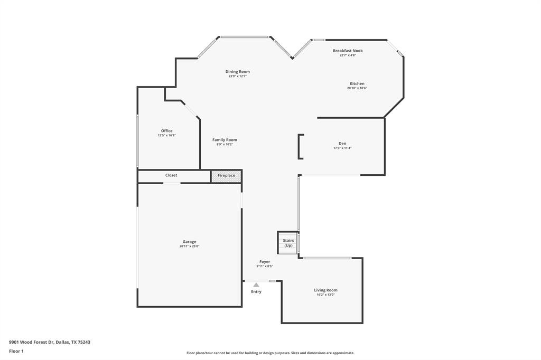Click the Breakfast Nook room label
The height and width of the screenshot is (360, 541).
(x=348, y=51)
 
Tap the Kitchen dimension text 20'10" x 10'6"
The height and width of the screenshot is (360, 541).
(x=357, y=88)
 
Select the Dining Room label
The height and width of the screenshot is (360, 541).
(x=238, y=72)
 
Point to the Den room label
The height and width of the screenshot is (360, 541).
(x=342, y=144)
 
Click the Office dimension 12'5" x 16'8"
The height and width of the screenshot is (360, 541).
(x=166, y=136)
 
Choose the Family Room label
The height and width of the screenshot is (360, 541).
(x=225, y=140)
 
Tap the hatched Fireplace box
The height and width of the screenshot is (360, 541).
(x=227, y=176)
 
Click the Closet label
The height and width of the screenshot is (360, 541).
(x=171, y=175)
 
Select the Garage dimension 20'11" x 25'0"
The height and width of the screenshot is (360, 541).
(x=189, y=246)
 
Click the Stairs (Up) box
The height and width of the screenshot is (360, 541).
(x=288, y=243)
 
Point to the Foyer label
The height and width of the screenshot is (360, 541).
(x=265, y=262)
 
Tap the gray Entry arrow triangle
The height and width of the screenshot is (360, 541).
(x=256, y=285)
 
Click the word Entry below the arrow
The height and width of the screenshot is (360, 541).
(x=256, y=292)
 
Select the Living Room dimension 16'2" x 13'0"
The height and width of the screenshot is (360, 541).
(x=325, y=295)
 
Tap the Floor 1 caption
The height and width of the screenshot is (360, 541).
(x=16, y=351)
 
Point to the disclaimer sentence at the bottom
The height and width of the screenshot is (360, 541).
(x=270, y=353)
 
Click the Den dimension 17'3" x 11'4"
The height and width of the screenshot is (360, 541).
(x=342, y=148)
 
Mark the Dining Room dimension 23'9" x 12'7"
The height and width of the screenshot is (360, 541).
(x=238, y=76)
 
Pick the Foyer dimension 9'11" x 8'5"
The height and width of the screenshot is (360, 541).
(x=265, y=267)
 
